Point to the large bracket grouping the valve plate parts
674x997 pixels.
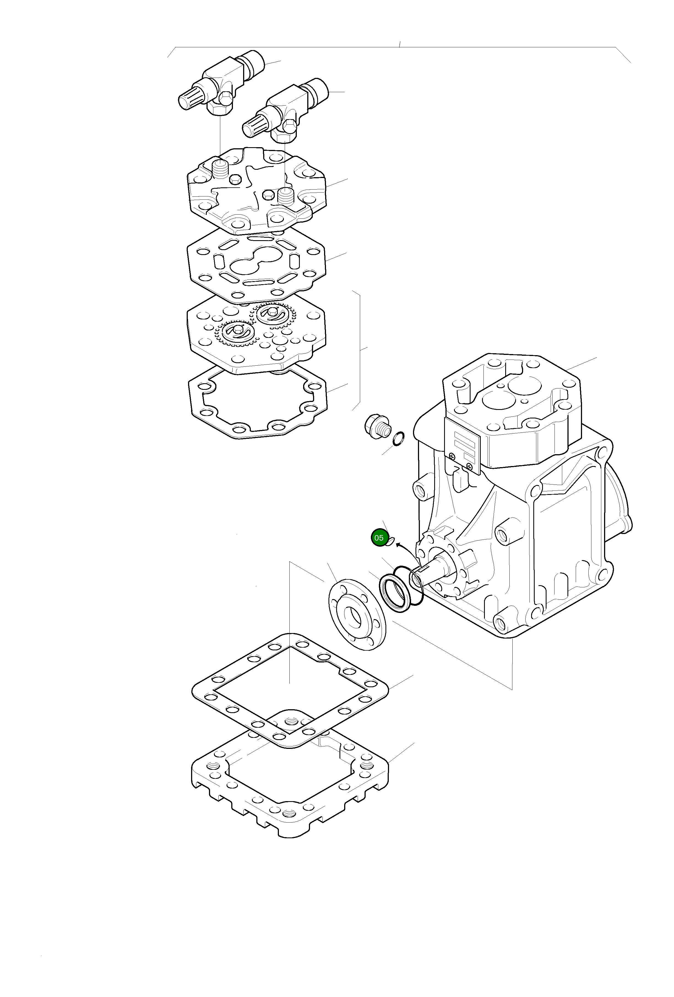point(359,350)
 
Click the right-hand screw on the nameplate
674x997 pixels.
point(470,465)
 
